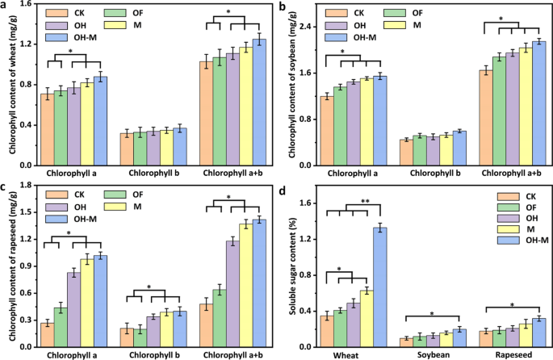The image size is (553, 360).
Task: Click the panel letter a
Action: coord(5,6)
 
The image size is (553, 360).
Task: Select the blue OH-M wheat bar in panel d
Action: coord(379,287)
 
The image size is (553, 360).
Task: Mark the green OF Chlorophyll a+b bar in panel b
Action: coord(499,111)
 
